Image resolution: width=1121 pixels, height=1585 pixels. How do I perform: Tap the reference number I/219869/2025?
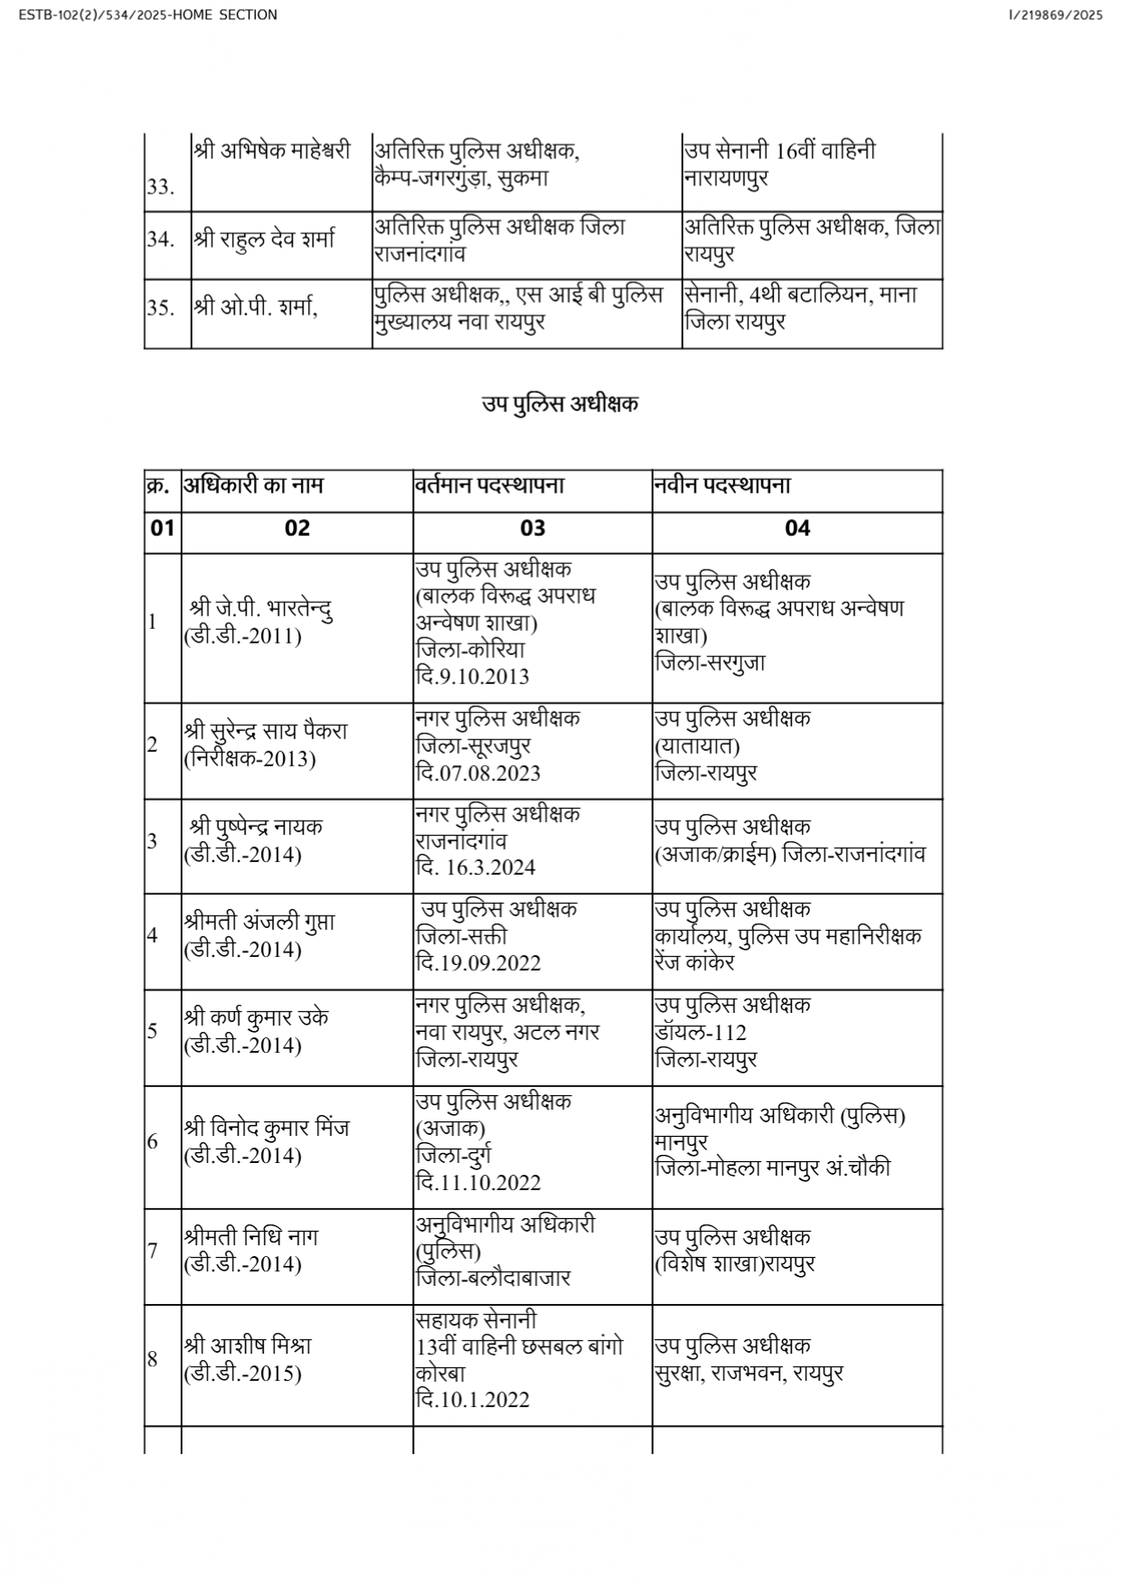coord(1055,14)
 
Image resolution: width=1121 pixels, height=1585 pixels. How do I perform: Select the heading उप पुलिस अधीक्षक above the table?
coord(560,404)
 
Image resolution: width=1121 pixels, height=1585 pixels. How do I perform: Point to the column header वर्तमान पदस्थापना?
coord(490,485)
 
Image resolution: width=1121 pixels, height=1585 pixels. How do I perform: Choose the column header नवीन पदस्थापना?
coord(723,485)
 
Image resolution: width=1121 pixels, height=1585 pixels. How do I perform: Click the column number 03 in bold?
coord(532,528)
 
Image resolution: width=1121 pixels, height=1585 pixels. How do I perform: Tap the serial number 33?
coord(160,187)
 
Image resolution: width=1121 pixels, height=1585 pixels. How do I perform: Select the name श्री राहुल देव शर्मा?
coord(263,239)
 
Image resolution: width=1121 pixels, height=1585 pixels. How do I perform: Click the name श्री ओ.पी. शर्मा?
coord(254,307)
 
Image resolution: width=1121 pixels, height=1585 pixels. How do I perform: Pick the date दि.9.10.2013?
coord(473,676)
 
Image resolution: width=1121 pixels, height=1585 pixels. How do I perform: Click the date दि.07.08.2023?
coord(478,773)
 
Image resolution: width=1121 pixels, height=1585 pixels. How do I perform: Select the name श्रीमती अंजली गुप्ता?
coord(259,922)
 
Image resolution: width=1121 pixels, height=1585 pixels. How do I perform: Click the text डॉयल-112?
coord(702,1032)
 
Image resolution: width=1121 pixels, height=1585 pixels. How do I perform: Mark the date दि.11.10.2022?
coord(478,1182)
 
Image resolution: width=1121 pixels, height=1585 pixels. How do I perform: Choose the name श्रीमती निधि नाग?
coord(250,1236)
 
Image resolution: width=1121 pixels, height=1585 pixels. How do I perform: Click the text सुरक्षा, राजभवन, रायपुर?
coord(749,1374)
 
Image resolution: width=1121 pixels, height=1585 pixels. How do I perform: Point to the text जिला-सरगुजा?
coord(711,662)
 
